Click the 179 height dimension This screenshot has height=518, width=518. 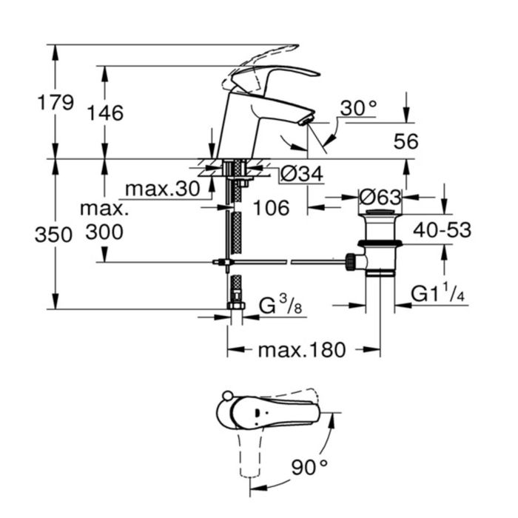[56, 102]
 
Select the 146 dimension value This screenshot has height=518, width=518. [104, 113]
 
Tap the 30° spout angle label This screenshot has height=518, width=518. [358, 109]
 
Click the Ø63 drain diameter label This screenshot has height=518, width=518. [380, 198]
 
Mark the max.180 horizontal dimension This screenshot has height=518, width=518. [301, 350]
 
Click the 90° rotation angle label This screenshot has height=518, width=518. [309, 467]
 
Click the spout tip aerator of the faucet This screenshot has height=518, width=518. [306, 118]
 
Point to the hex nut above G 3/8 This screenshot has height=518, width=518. [237, 304]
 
